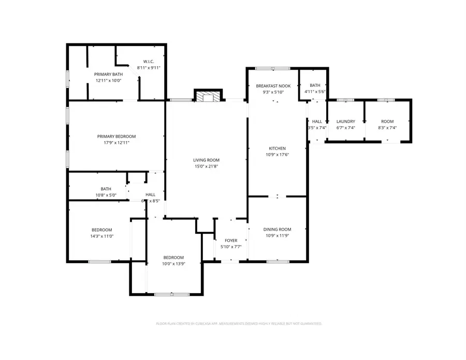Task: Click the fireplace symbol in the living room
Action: click(x=208, y=97)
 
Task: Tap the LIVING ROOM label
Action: click(x=207, y=160)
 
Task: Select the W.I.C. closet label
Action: click(x=149, y=62)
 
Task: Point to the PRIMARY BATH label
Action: click(x=107, y=74)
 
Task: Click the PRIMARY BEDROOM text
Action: click(x=120, y=137)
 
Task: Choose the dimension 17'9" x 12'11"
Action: click(x=120, y=143)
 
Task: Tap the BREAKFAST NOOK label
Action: click(x=276, y=86)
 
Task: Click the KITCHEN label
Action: click(x=277, y=148)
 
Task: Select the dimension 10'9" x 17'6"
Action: click(x=277, y=155)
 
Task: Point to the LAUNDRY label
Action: click(x=345, y=122)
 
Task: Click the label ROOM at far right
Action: click(x=387, y=122)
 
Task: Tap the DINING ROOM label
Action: click(x=277, y=229)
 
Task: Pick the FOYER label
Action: click(x=230, y=241)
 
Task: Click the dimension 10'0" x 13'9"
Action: click(x=173, y=264)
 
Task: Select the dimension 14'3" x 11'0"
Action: click(x=102, y=236)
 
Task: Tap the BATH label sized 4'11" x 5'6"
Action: click(x=315, y=85)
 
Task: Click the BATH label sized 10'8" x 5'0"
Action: click(x=106, y=189)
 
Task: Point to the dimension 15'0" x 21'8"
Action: click(x=207, y=166)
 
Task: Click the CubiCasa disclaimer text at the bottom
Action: click(x=239, y=324)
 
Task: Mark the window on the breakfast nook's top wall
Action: click(x=273, y=68)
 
